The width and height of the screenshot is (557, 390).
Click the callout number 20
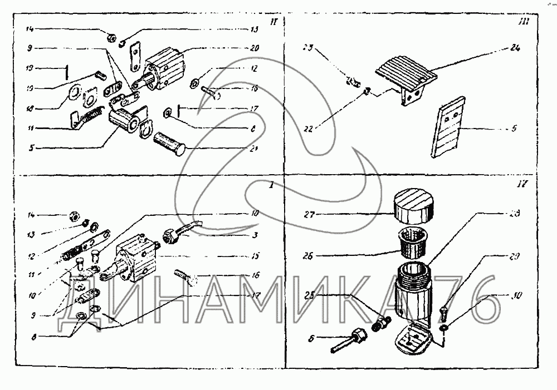point(254,48)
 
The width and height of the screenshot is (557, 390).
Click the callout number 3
point(254,235)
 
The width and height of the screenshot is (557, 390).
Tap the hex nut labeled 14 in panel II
point(111,38)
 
